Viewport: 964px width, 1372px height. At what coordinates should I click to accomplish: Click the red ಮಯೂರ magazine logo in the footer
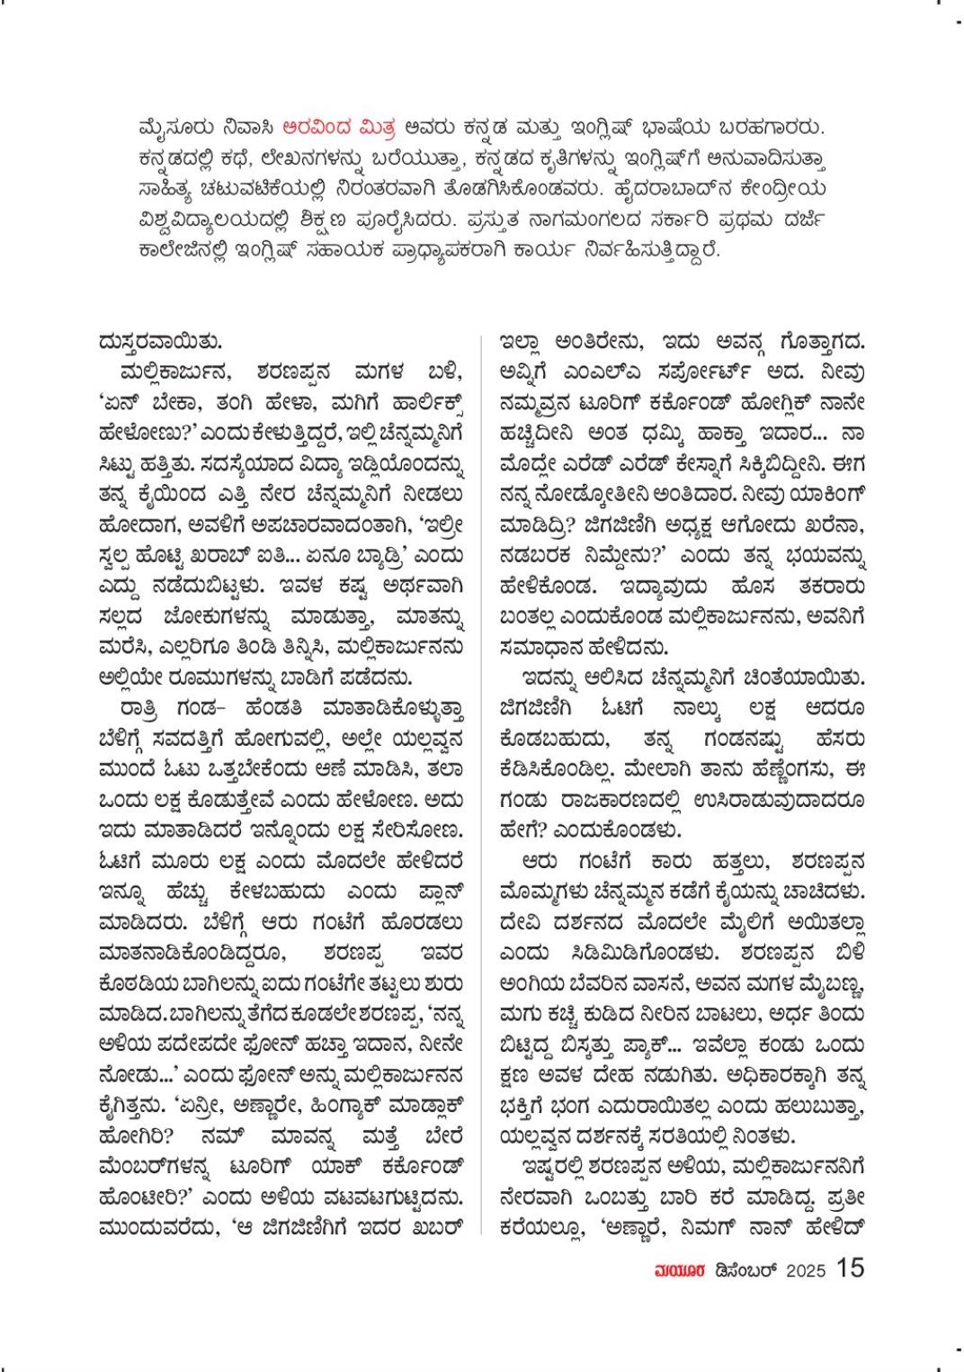(675, 1269)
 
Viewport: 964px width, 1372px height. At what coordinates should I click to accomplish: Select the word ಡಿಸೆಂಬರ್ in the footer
(743, 1269)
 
